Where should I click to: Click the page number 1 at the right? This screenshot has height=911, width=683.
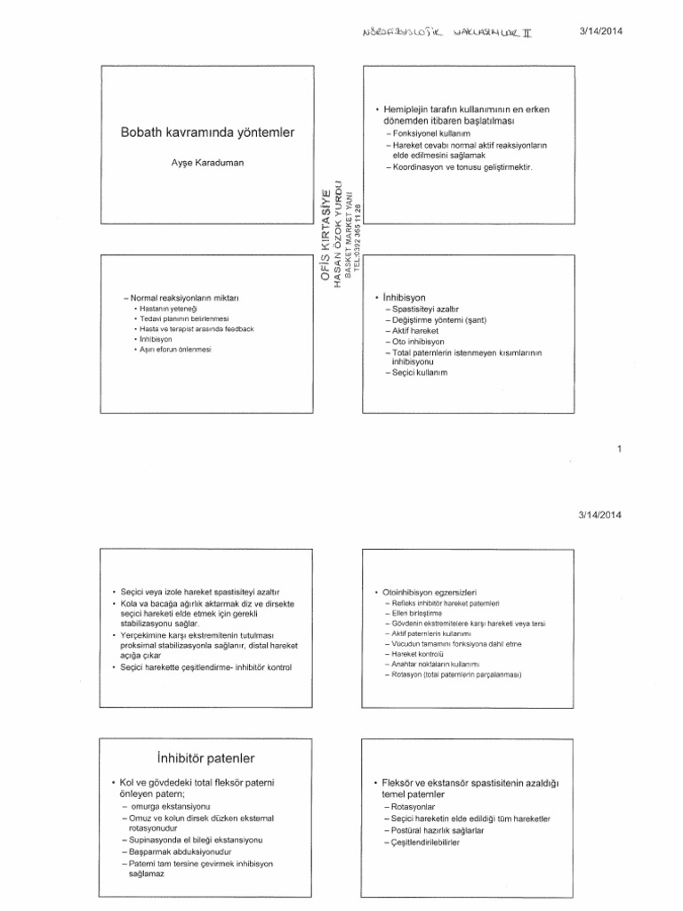(618, 449)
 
